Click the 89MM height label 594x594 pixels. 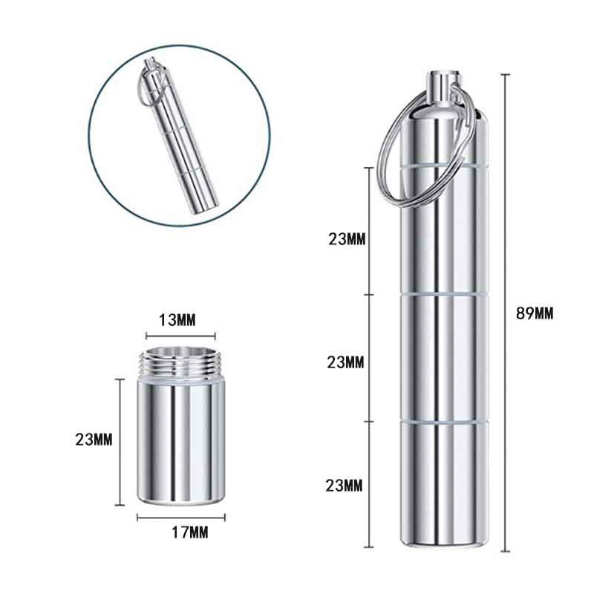[x=535, y=313]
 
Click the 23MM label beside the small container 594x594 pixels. [x=94, y=439]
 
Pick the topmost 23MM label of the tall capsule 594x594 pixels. [x=345, y=239]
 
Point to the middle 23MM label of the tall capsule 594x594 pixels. [x=345, y=362]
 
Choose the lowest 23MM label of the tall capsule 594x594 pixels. [x=345, y=486]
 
